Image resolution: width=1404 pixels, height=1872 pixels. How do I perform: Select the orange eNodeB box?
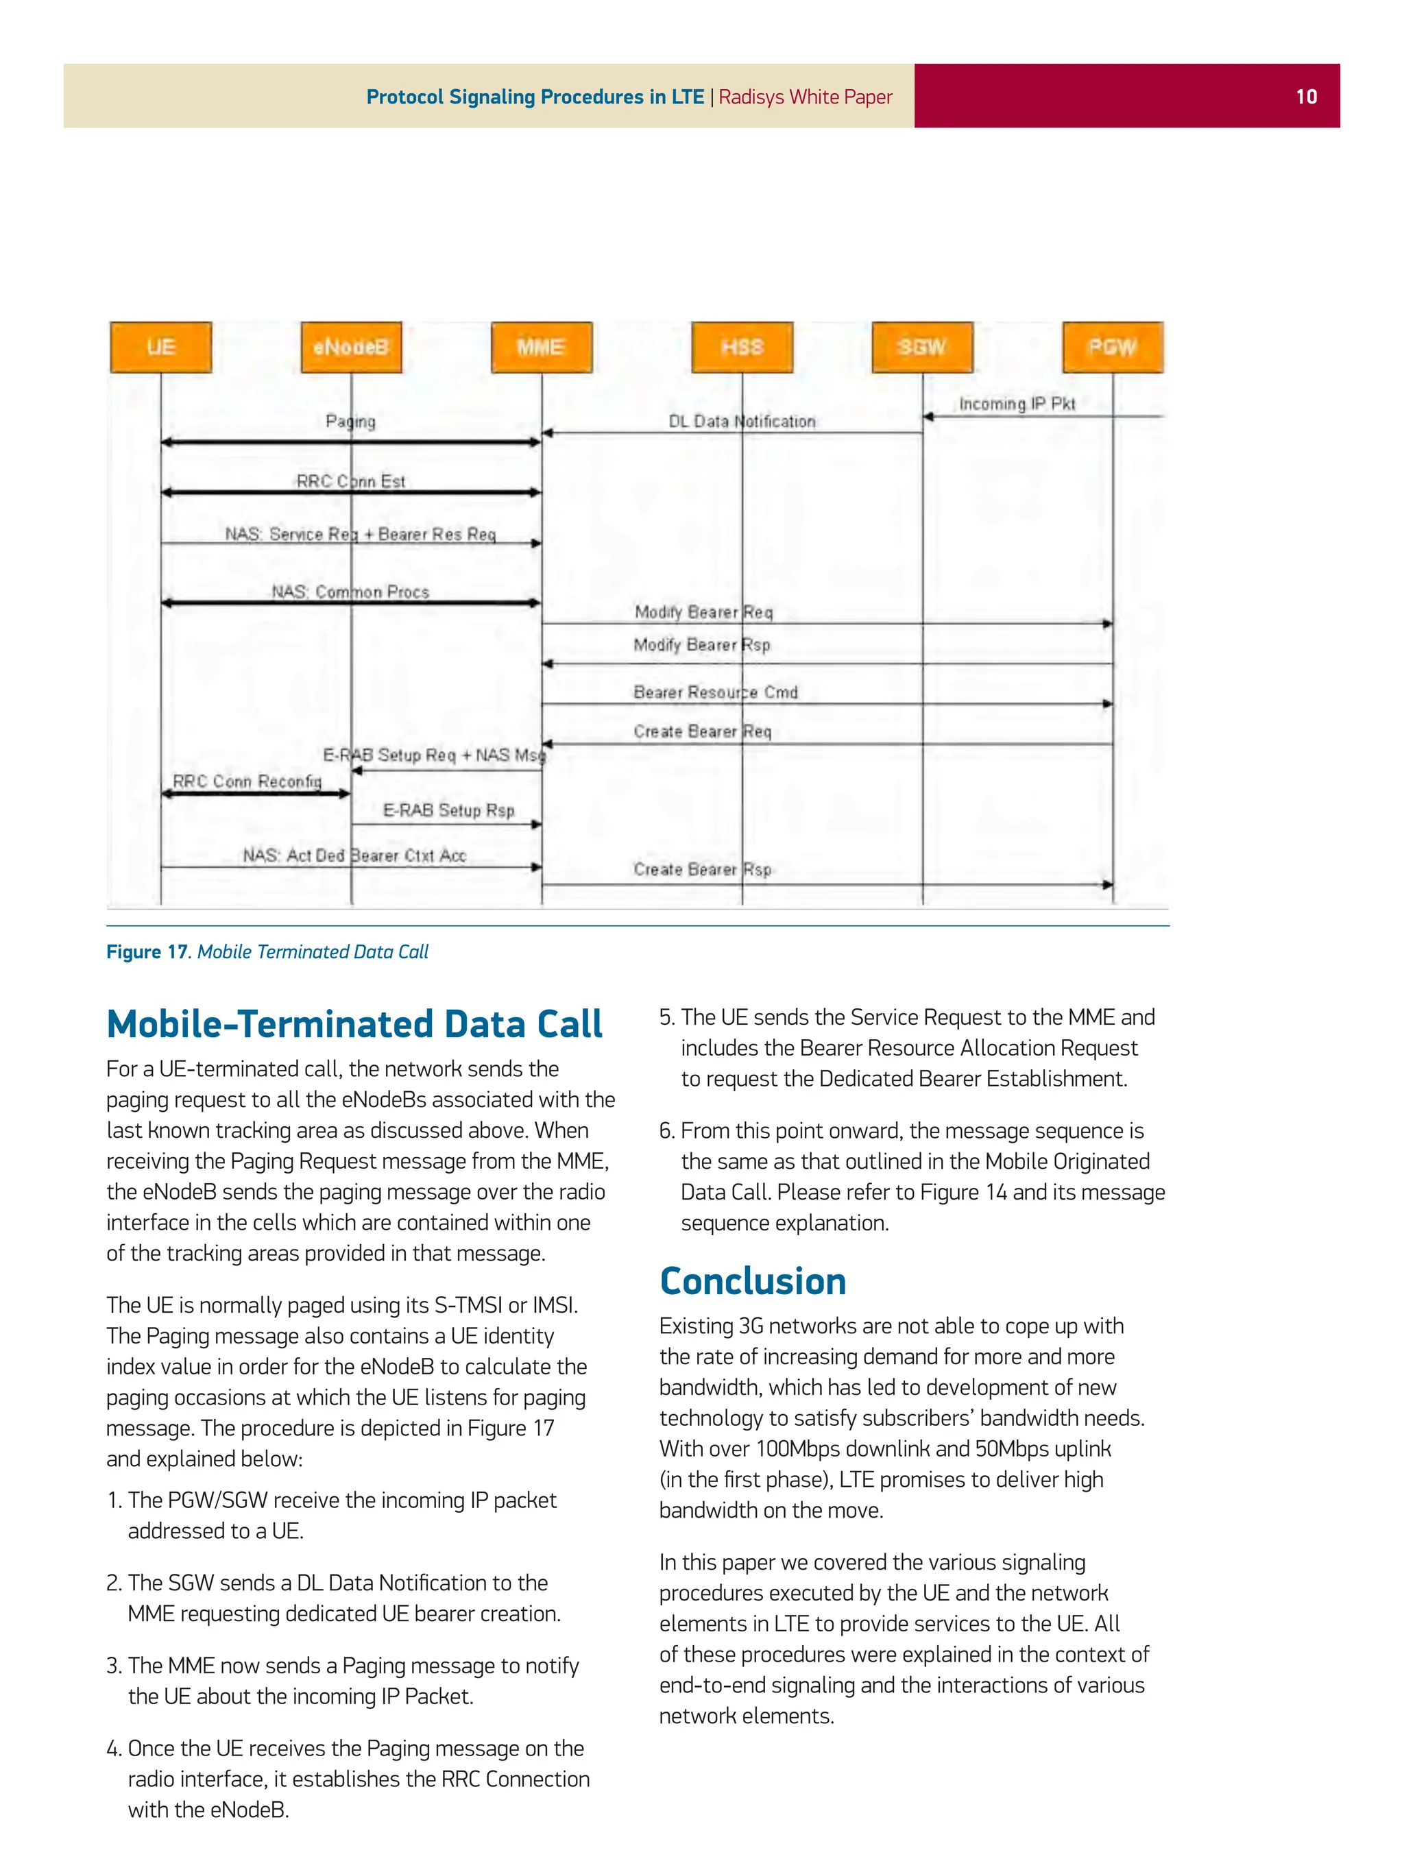click(x=351, y=347)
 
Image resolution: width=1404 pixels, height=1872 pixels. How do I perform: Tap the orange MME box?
click(x=542, y=347)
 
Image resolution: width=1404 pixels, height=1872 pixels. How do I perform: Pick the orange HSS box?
click(x=742, y=347)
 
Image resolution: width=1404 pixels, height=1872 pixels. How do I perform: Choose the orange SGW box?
click(x=923, y=347)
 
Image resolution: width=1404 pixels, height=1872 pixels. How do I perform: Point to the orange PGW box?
click(x=1113, y=347)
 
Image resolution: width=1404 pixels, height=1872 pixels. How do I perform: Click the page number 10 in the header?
click(x=1306, y=97)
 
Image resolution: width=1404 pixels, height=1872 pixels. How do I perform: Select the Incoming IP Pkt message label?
click(x=1017, y=404)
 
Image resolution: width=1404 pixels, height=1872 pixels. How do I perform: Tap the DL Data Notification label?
click(x=741, y=421)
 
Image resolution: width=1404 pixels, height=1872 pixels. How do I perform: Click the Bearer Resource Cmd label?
click(x=715, y=692)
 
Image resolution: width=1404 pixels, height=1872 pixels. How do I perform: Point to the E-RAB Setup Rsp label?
click(x=448, y=810)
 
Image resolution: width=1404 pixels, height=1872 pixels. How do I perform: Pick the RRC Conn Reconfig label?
click(x=247, y=781)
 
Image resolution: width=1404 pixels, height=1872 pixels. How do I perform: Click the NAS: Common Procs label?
click(x=350, y=592)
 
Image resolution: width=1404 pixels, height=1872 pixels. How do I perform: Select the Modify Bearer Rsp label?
click(x=701, y=645)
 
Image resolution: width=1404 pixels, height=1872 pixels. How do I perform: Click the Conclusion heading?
click(x=752, y=1280)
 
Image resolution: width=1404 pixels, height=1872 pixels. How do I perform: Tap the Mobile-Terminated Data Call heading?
click(x=354, y=1023)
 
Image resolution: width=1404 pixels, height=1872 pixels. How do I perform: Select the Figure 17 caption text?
click(x=267, y=951)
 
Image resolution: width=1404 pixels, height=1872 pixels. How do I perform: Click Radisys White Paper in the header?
click(x=805, y=97)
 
